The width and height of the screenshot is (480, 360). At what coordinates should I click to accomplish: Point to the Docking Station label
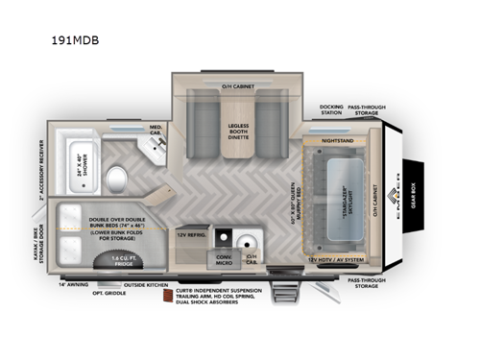[331, 109]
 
